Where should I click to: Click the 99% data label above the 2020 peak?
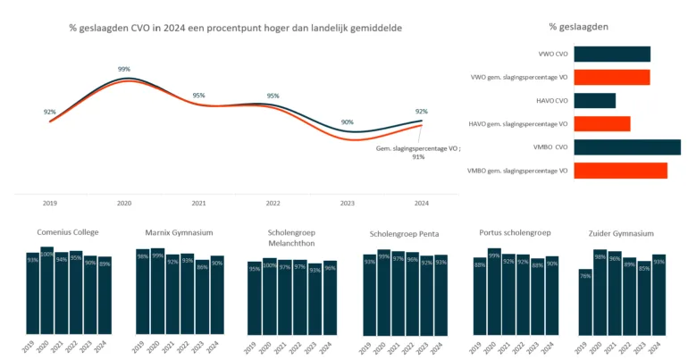124,69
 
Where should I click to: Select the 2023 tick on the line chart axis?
347,203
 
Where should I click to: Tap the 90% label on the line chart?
347,121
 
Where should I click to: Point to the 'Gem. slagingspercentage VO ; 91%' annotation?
406,151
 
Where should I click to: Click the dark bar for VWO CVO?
611,54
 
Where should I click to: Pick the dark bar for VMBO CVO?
626,147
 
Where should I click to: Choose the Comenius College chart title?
68,232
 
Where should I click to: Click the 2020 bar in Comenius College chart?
46,290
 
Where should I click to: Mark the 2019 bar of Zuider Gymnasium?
585,302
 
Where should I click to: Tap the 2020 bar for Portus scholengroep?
494,291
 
